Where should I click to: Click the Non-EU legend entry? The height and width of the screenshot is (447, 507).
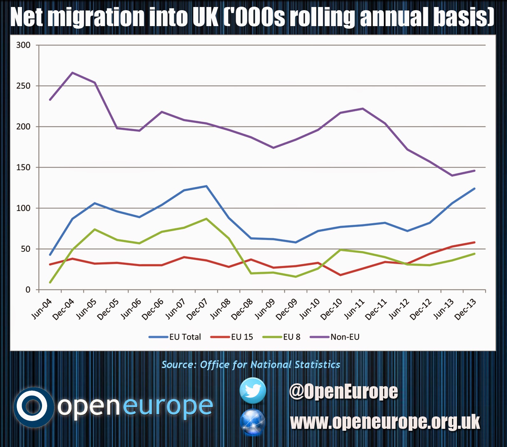point(345,337)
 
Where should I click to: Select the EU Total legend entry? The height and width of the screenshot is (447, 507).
point(185,337)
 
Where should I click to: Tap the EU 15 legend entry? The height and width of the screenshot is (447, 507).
point(242,337)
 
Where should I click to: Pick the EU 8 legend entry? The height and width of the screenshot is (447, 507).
point(291,337)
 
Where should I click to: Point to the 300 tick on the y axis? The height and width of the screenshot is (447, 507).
point(23,45)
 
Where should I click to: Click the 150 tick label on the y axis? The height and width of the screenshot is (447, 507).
point(23,167)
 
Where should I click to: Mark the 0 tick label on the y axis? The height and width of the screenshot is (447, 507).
point(28,290)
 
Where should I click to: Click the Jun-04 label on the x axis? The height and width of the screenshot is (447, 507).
point(42,309)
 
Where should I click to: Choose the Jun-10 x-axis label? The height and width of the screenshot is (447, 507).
point(310,309)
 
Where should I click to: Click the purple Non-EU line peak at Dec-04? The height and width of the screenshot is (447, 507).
point(73,73)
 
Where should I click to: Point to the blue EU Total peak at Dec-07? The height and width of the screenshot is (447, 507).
point(206,186)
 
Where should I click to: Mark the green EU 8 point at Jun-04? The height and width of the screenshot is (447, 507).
point(50,282)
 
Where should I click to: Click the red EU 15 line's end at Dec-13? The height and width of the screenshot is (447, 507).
point(475,242)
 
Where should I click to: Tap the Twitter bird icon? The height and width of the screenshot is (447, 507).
point(253,391)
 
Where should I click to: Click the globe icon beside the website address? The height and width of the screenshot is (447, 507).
point(253,422)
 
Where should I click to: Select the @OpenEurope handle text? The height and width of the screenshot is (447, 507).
point(343,391)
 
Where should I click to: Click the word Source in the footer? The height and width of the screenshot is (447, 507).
point(178,365)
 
